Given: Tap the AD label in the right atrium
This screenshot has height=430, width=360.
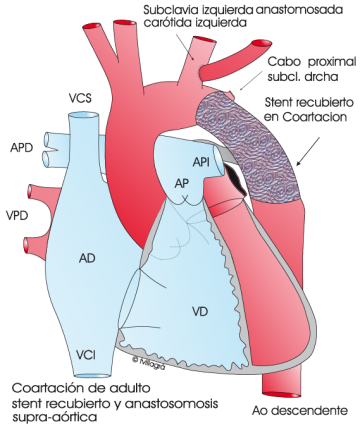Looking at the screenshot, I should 87,258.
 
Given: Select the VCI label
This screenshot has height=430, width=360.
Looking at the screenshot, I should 86,354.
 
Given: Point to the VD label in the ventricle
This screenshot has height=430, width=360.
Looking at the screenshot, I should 200,313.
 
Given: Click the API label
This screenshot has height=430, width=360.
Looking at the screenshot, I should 200,160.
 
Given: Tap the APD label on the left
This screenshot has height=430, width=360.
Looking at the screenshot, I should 21,148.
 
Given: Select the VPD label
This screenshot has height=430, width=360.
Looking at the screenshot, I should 16,214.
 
